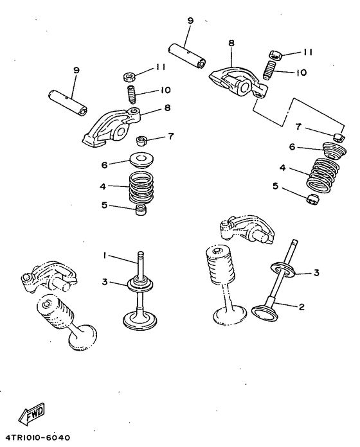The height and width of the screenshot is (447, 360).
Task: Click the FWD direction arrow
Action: pyautogui.click(x=32, y=413)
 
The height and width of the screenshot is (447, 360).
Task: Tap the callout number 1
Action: pyautogui.click(x=105, y=256)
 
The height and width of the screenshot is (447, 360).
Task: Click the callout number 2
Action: pyautogui.click(x=301, y=307)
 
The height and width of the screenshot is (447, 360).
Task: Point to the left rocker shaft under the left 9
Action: pyautogui.click(x=67, y=102)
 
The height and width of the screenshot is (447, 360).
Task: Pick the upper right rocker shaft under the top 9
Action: pyautogui.click(x=186, y=56)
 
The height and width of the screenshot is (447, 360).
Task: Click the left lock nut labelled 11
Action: pyautogui.click(x=129, y=76)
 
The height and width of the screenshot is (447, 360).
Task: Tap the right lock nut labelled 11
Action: pyautogui.click(x=276, y=54)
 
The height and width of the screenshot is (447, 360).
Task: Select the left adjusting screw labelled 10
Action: pyautogui.click(x=131, y=94)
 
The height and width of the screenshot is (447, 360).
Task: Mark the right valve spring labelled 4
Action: pyautogui.click(x=323, y=175)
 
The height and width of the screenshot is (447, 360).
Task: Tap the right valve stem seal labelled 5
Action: pyautogui.click(x=312, y=199)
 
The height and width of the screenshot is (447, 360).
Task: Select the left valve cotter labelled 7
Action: pyautogui.click(x=141, y=140)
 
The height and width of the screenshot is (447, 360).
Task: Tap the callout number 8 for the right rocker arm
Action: pyautogui.click(x=231, y=43)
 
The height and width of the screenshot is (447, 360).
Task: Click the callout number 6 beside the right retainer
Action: pyautogui.click(x=292, y=147)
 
